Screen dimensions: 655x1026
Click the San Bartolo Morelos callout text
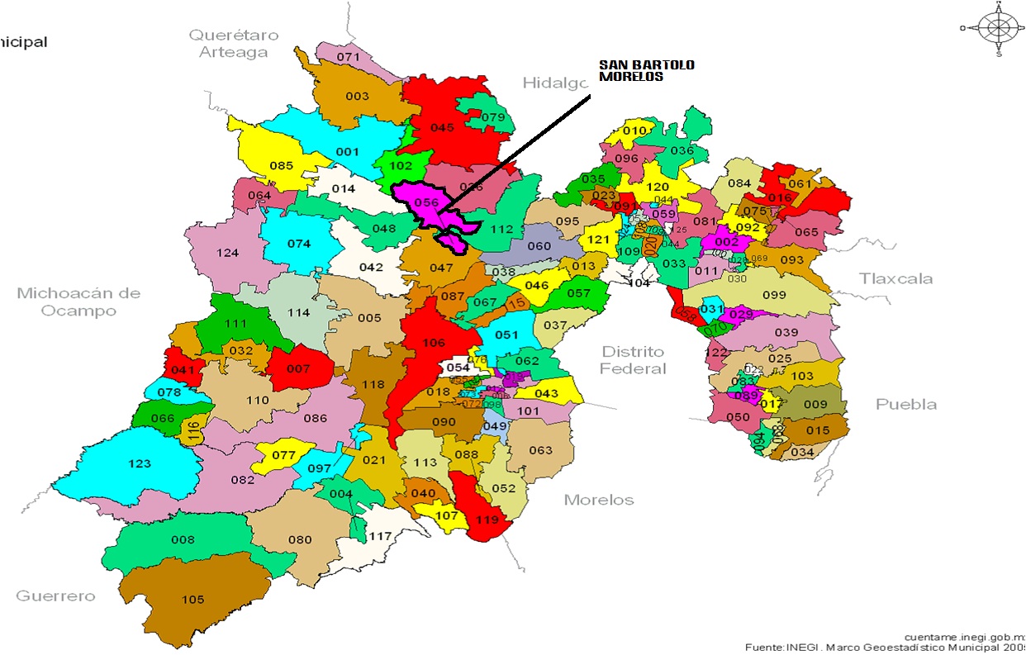(x=646, y=71)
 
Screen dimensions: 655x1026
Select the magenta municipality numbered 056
(x=425, y=203)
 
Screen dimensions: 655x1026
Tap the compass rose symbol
(x=998, y=28)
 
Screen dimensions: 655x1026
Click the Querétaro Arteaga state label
(x=234, y=44)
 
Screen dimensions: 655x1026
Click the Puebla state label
(x=906, y=404)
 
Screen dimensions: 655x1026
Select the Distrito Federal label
(x=633, y=360)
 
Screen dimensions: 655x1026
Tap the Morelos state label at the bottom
(x=599, y=500)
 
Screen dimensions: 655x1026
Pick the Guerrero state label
(x=55, y=596)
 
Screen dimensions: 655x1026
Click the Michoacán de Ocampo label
(x=78, y=301)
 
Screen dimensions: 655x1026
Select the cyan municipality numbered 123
(x=140, y=464)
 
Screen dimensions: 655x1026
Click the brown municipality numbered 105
(x=192, y=600)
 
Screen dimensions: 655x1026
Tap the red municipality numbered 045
(x=443, y=128)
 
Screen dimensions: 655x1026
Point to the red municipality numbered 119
(x=488, y=520)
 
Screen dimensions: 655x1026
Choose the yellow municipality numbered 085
(x=281, y=165)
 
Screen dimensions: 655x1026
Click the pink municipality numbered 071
(x=348, y=57)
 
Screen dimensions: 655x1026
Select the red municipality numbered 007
(x=298, y=368)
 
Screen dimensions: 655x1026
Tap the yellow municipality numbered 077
(x=283, y=455)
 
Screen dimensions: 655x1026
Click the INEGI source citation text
(x=884, y=648)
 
